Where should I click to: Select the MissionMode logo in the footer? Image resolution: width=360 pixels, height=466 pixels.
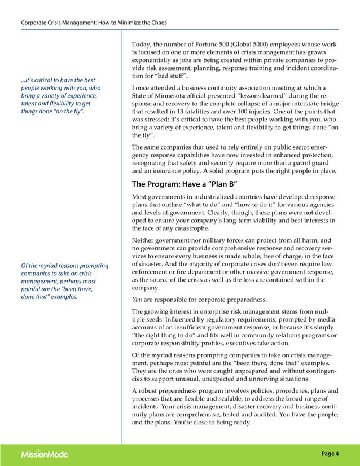coord(46,454)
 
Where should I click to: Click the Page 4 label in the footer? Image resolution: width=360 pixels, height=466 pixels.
coord(330,454)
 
